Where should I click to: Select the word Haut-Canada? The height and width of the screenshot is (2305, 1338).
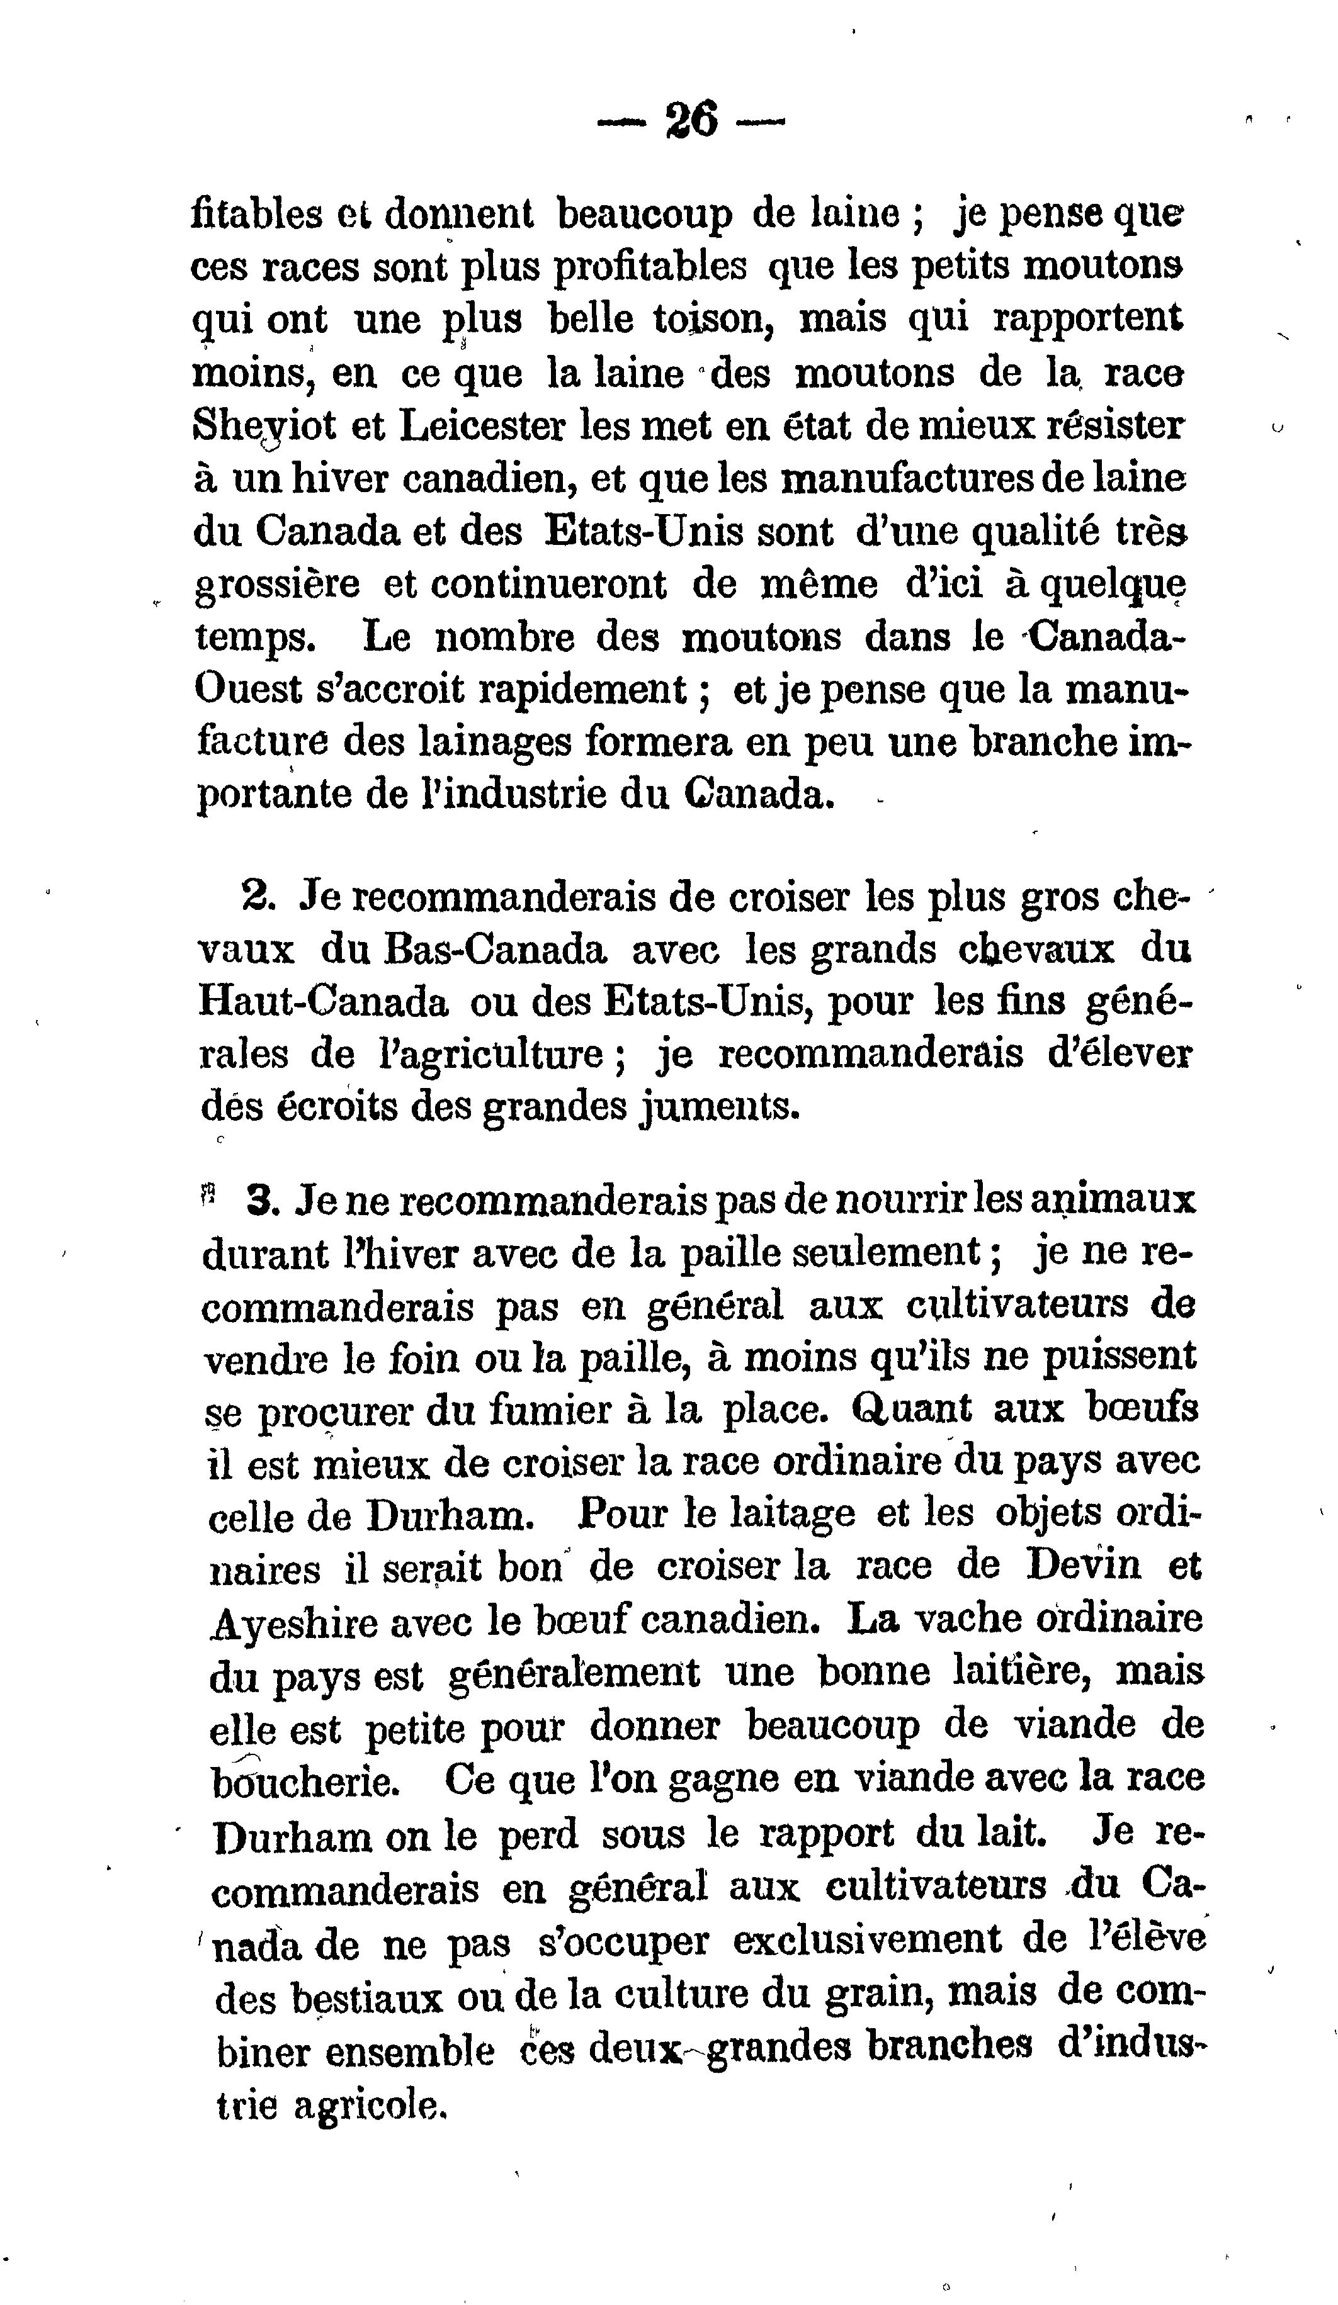pos(323,1002)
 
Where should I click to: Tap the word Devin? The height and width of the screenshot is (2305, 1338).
pos(1082,1567)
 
